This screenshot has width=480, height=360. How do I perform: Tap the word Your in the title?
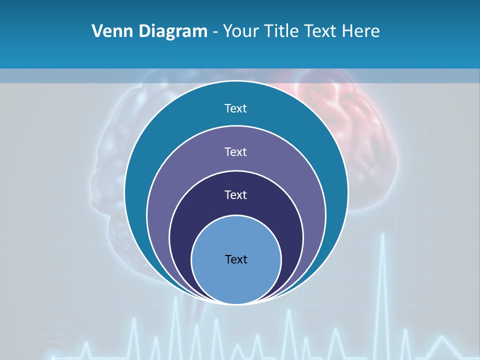point(240,31)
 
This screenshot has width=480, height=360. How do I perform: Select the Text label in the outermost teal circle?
point(236,108)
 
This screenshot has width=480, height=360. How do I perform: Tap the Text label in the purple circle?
point(236,151)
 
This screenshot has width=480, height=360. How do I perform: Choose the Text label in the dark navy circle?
point(236,194)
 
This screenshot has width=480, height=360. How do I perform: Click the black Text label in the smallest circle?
point(236,259)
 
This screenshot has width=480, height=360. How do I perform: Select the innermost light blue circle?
point(236,280)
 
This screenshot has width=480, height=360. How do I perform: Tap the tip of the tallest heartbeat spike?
point(383,234)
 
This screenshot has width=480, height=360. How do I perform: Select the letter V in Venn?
point(97,31)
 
